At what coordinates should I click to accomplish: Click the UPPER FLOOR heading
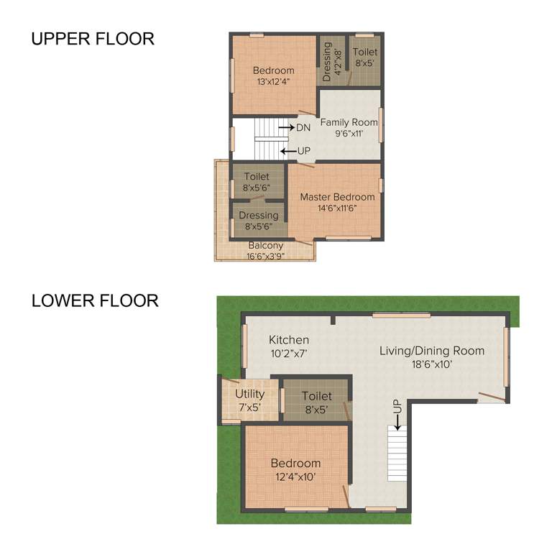(93, 39)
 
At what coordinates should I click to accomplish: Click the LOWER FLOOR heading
(95, 300)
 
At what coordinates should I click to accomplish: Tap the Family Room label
(349, 122)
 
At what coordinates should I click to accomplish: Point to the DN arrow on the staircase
(295, 127)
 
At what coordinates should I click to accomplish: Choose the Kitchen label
(289, 340)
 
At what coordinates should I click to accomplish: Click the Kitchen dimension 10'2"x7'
(289, 353)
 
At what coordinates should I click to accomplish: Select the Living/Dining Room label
(432, 351)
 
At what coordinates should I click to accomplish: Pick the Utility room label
(249, 394)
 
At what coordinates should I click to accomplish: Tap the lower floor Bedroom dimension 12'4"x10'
(295, 477)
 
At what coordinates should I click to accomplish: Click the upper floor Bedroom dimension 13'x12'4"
(273, 82)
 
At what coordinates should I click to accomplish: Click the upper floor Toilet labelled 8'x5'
(364, 57)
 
